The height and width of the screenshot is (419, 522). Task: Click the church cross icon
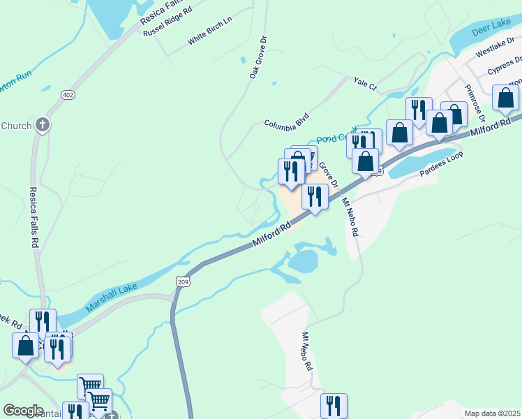[43, 125]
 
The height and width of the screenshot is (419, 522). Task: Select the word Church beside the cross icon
[17, 126]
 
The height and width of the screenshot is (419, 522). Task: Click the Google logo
[23, 410]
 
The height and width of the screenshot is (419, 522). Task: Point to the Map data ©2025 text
[492, 413]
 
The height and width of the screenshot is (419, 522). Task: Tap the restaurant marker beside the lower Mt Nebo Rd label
[334, 405]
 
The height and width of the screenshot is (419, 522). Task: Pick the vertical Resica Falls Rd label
[33, 217]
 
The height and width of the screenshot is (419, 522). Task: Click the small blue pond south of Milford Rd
[303, 262]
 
